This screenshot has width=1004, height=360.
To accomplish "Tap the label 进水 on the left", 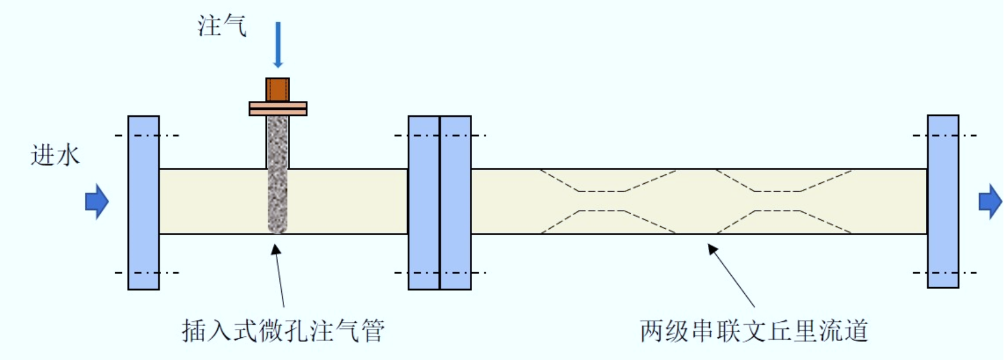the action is [55, 156].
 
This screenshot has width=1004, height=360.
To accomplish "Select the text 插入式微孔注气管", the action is [283, 331].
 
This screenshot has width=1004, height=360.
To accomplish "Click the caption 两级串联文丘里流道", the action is [754, 331].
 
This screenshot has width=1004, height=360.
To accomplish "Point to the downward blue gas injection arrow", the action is [278, 45].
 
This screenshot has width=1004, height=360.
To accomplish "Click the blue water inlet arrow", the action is [97, 201].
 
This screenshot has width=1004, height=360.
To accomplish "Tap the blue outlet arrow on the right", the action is [990, 201].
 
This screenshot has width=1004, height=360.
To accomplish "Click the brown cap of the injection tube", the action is [278, 90].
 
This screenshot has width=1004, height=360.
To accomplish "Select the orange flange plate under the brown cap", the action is [278, 109].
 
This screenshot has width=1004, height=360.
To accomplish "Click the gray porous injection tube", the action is [278, 174].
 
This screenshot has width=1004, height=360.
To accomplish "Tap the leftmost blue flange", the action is [143, 202].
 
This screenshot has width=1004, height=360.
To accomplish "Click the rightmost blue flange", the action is [943, 201].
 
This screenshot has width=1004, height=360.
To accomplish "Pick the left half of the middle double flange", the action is [424, 202].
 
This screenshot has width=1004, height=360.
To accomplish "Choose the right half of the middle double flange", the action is [455, 202].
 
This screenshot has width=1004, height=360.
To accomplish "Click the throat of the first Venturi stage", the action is [602, 201].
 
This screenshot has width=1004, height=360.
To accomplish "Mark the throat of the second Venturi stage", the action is [778, 201].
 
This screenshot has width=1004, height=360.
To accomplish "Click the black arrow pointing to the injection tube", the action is [279, 275].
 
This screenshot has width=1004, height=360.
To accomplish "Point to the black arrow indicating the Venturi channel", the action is [731, 275].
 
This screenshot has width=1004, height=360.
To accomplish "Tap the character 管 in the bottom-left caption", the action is [372, 331].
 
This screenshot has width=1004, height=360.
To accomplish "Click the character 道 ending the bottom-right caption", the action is [855, 331].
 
